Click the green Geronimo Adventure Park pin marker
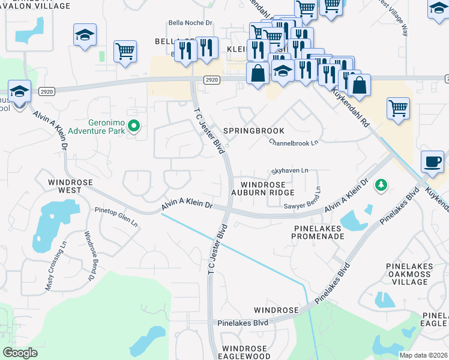pyautogui.click(x=134, y=125)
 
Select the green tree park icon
pyautogui.click(x=380, y=185)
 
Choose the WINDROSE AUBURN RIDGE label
pyautogui.click(x=267, y=188)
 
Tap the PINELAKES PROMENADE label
pyautogui.click(x=318, y=233)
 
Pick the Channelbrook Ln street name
pyautogui.click(x=294, y=143)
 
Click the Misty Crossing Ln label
pyautogui.click(x=56, y=266)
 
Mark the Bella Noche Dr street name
pyautogui.click(x=190, y=23)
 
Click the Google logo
pyautogui.click(x=20, y=353)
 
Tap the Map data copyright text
pyautogui.click(x=424, y=355)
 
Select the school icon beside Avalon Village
pyautogui.click(x=85, y=35)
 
